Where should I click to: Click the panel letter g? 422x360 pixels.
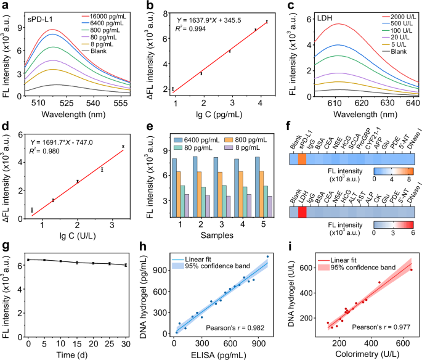point(6,246)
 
